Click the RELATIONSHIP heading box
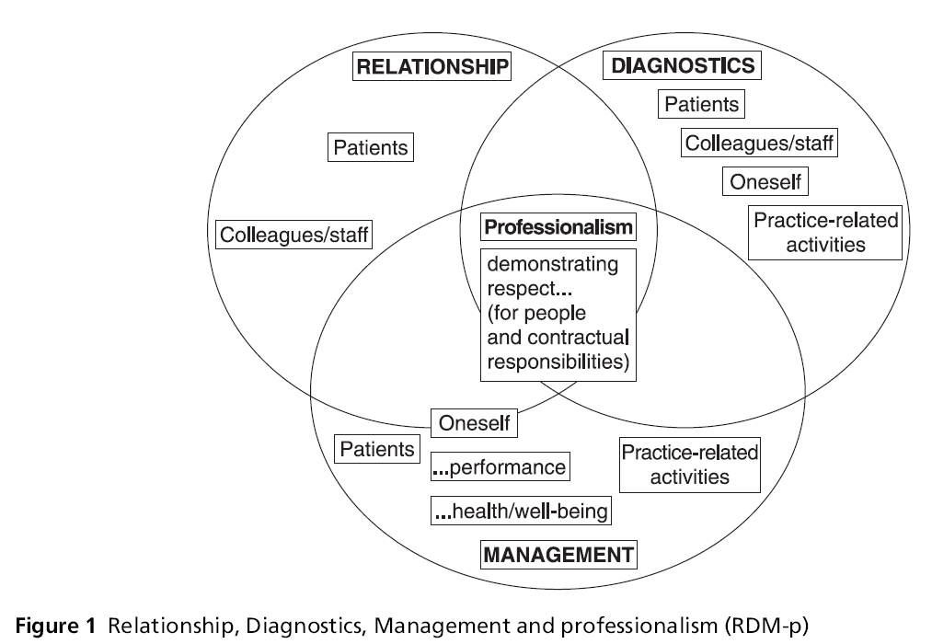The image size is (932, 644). click(432, 67)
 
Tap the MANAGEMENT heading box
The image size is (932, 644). click(558, 555)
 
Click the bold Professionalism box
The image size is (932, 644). click(558, 226)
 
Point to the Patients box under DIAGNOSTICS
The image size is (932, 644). click(701, 104)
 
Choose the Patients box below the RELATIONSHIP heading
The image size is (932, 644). click(370, 147)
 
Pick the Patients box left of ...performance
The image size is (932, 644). click(376, 449)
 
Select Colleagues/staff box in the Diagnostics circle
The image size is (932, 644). click(760, 143)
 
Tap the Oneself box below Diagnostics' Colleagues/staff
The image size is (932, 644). click(765, 181)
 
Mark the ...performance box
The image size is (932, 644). click(500, 467)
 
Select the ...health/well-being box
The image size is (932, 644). click(521, 509)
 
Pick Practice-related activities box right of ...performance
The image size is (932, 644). click(689, 465)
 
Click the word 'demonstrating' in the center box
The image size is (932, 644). click(552, 265)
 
